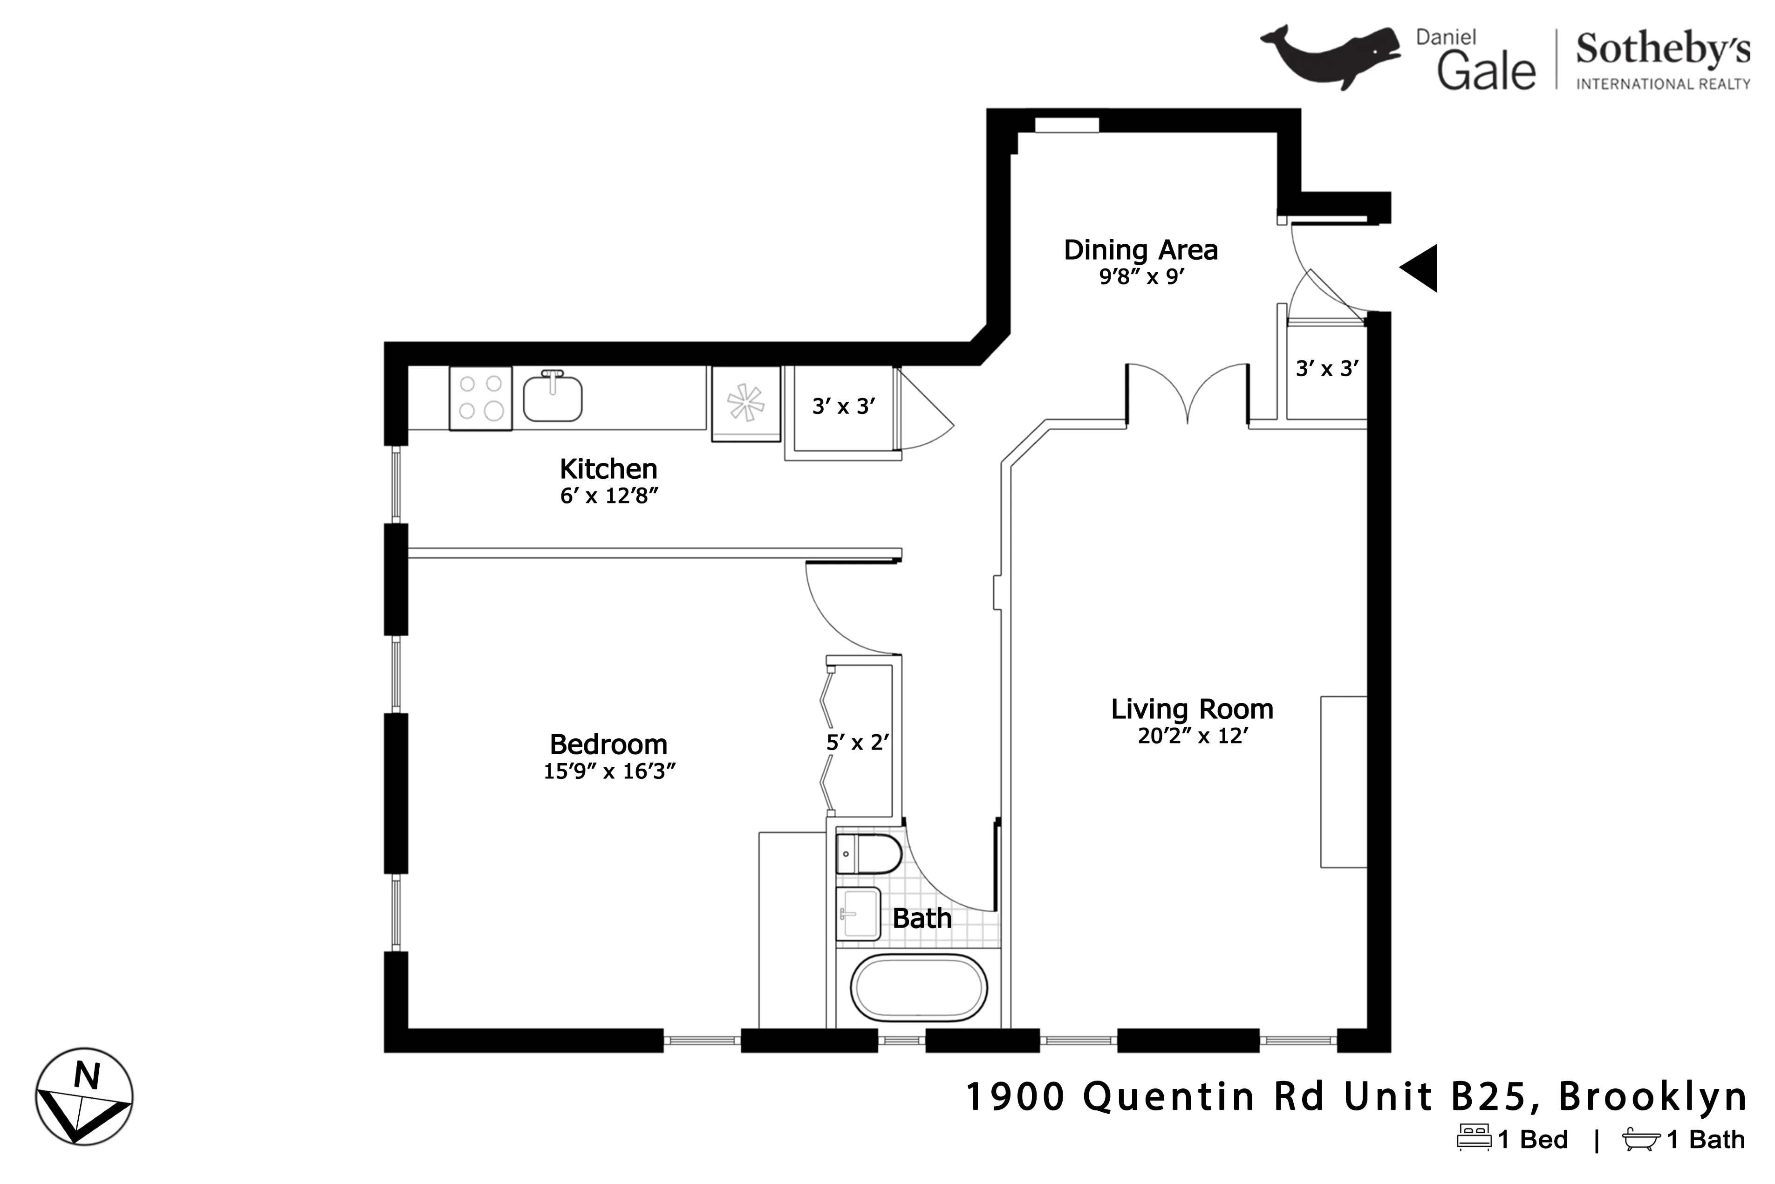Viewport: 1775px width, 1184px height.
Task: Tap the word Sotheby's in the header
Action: pos(1663,50)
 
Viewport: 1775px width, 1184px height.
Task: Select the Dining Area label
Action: pos(1140,250)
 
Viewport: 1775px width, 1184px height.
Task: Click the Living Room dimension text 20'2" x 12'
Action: pos(1192,736)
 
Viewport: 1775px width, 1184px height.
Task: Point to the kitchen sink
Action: pos(553,399)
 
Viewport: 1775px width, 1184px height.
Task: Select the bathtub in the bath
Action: pos(918,988)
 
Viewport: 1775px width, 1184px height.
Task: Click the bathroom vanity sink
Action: pos(859,914)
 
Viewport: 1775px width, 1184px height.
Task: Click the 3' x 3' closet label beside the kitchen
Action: pos(843,406)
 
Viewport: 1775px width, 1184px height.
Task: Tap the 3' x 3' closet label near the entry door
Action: pos(1327,369)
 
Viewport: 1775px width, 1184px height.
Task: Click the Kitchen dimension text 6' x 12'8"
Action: pos(609,496)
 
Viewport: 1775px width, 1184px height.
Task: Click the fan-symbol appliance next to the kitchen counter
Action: pos(745,402)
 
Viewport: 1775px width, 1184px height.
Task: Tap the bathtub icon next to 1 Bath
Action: pos(1641,1139)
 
